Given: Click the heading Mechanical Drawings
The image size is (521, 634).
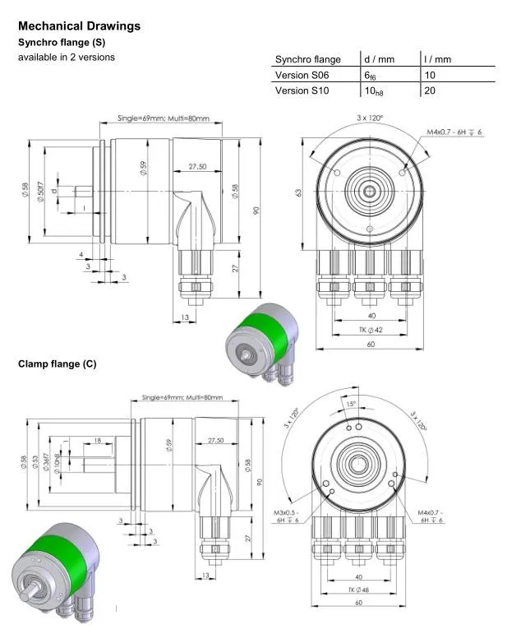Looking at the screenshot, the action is pos(79,26).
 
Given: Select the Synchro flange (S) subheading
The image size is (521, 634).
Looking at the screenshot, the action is pos(62,42).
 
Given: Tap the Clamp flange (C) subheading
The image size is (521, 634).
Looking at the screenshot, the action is pos(58,364).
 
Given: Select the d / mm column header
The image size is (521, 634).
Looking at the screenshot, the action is pos(380,59).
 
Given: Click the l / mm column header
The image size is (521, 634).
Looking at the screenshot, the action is pos(437,59).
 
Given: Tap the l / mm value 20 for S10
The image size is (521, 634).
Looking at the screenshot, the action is pos(429,90).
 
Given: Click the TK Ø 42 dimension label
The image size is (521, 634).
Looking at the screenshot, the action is pos(371,330).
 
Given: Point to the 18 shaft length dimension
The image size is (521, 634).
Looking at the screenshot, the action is pos(98,441).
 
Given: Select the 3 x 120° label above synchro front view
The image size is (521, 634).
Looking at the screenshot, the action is pos(370,118).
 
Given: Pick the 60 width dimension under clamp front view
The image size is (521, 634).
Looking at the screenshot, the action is pos(359,603).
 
